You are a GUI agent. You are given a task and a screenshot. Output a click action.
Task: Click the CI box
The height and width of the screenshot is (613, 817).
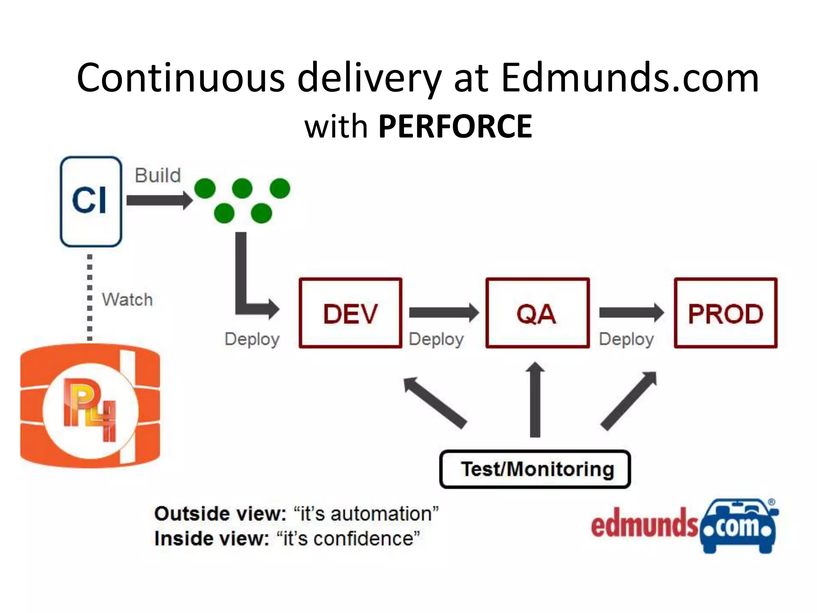[x=91, y=201]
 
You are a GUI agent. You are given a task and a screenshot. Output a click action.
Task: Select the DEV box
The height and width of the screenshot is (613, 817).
[x=350, y=313]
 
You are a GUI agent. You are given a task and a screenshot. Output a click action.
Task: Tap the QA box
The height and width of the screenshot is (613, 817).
[x=537, y=313]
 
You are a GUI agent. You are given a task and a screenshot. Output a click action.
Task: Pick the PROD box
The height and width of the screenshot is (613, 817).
[x=725, y=313]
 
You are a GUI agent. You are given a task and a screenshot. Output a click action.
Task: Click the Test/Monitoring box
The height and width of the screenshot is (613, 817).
[x=535, y=469]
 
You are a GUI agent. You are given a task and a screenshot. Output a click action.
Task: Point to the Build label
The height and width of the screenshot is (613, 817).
[x=158, y=176]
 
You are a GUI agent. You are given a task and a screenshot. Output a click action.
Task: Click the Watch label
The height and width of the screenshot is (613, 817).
[x=127, y=299]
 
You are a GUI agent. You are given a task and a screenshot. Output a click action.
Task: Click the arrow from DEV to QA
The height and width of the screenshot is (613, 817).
[x=443, y=312]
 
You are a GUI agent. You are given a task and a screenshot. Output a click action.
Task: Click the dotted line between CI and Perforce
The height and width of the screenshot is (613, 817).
[x=90, y=297]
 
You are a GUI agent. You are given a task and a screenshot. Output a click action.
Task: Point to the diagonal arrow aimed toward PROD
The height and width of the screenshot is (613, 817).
[x=629, y=401]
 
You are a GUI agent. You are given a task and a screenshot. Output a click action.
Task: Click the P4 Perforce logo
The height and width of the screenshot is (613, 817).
[x=90, y=409]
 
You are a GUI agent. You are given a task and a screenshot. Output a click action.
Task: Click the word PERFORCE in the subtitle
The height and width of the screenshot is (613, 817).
[x=455, y=127]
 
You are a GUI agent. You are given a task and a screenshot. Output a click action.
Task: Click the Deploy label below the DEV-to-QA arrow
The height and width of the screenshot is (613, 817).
[x=436, y=339]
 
